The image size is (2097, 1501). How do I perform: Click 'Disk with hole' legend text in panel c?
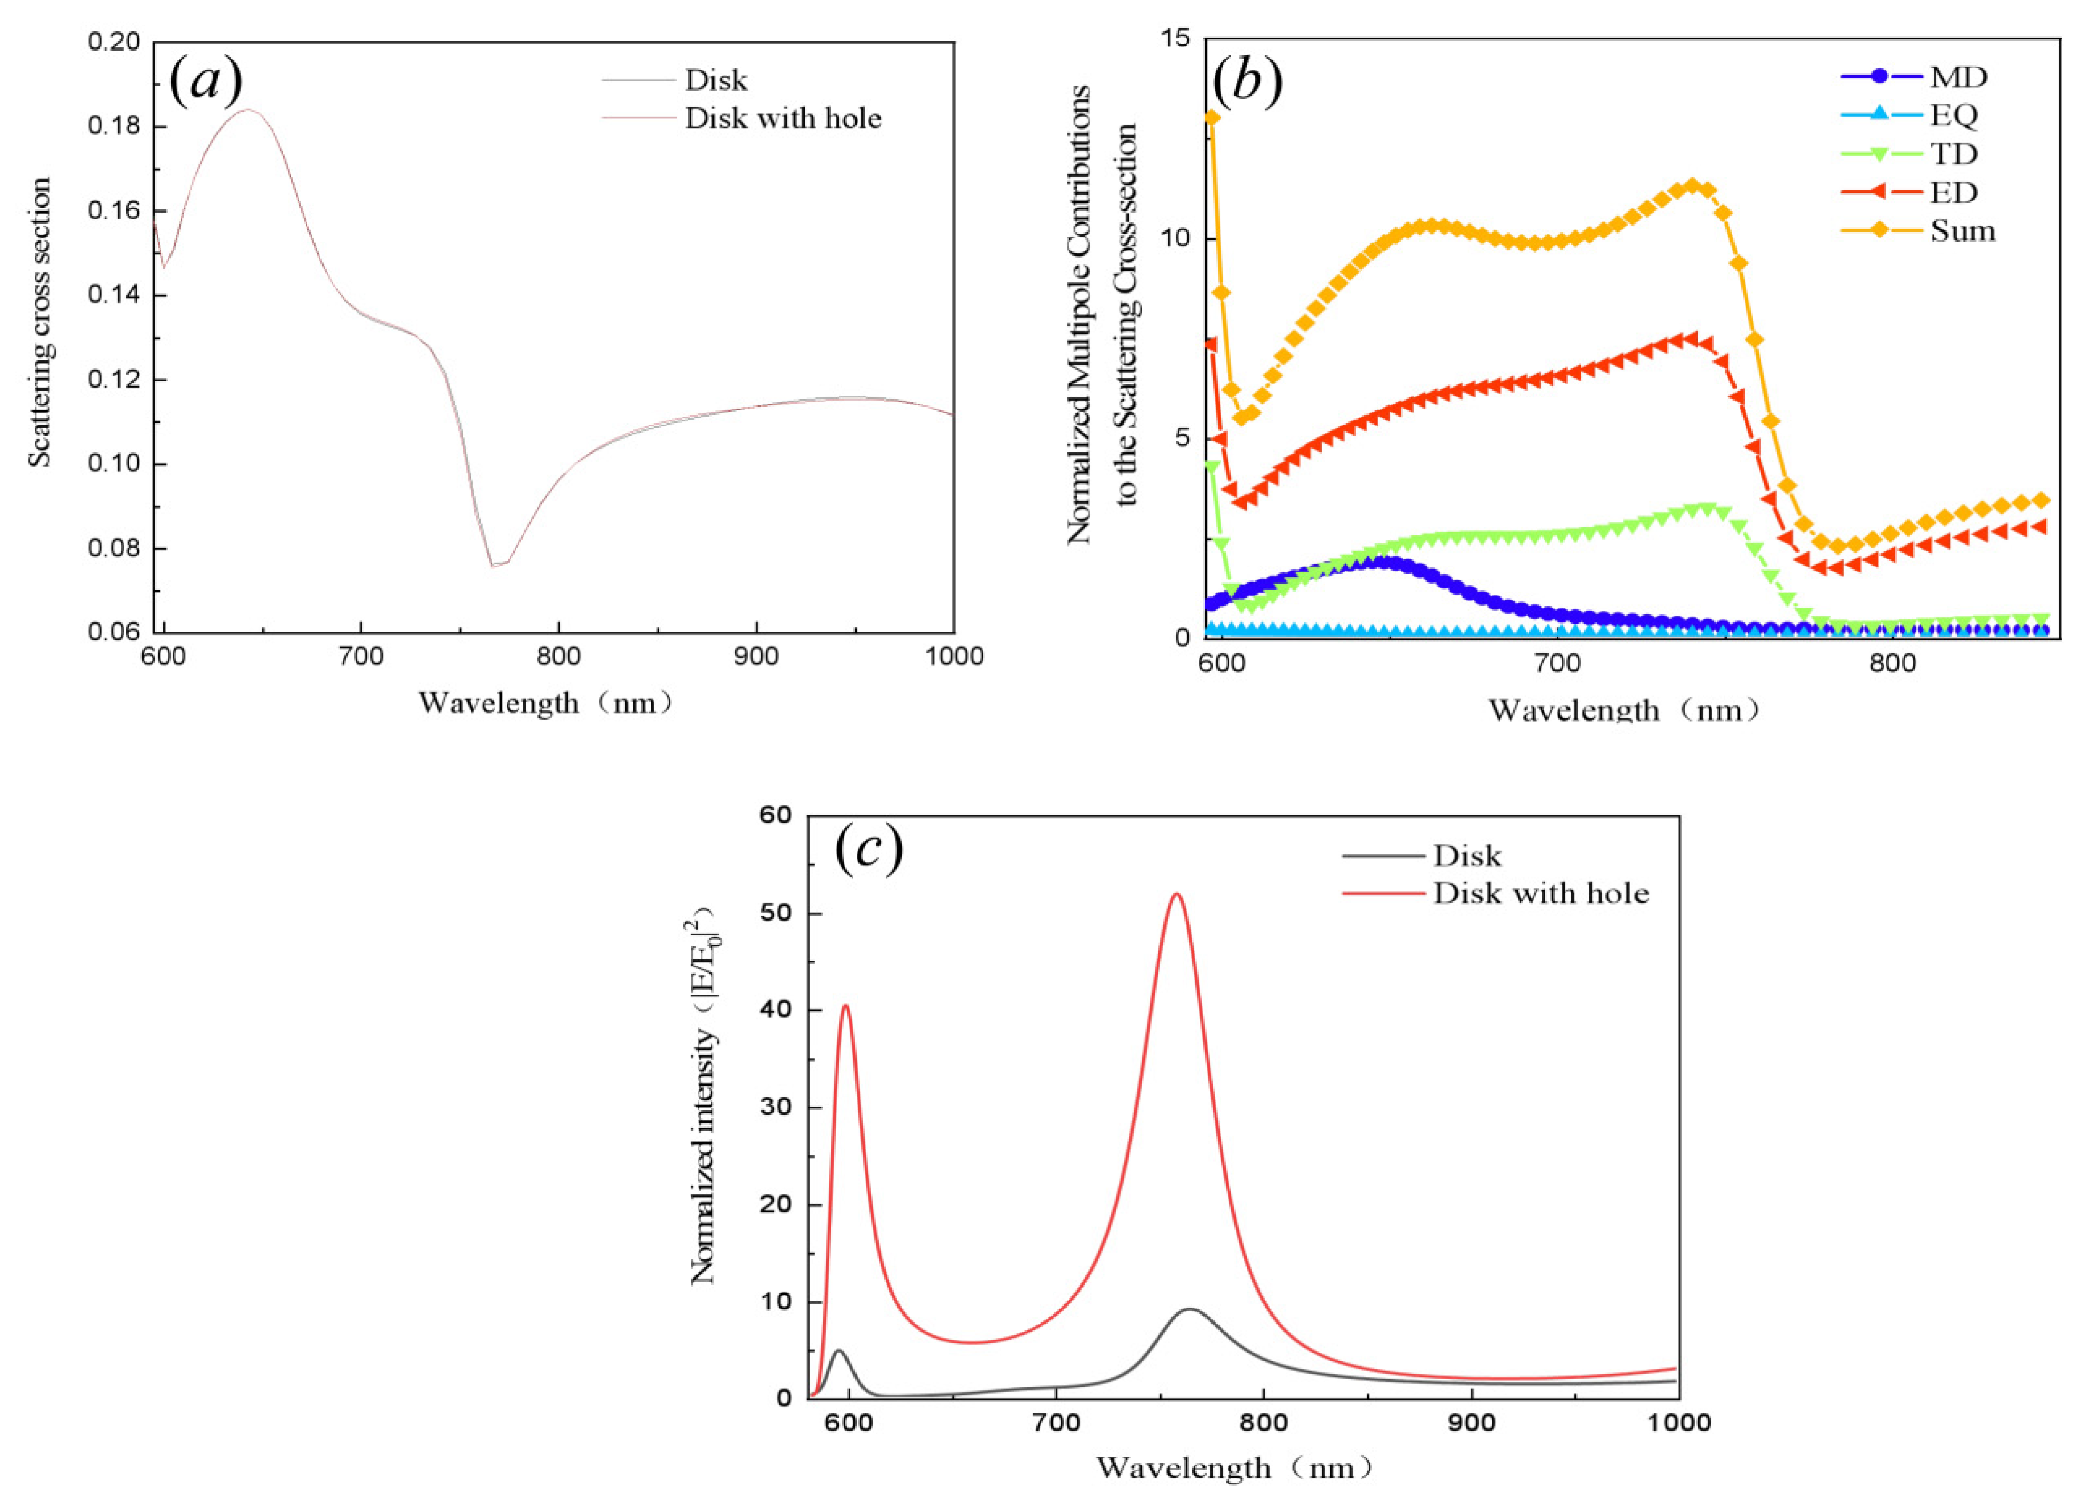(x=1541, y=893)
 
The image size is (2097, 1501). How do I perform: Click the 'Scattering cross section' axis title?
(x=39, y=323)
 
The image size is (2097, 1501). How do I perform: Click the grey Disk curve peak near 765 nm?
(x=1189, y=1310)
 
